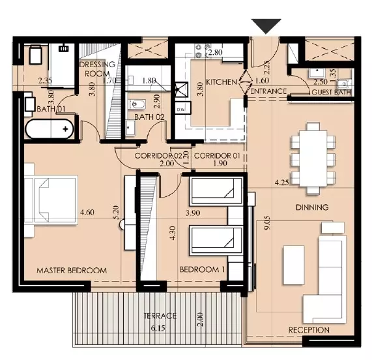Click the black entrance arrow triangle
[x=266, y=25]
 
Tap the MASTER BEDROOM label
[x=72, y=271]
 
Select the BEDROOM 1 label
[x=202, y=269]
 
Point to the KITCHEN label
[x=222, y=82]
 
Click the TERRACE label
[x=160, y=316]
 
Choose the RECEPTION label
[x=309, y=330]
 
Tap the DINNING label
[x=312, y=207]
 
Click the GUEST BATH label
[x=331, y=92]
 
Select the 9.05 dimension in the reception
[x=267, y=222]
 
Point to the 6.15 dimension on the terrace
[x=158, y=328]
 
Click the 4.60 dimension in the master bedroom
[x=87, y=212]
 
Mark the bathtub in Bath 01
[x=50, y=129]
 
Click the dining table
[x=313, y=158]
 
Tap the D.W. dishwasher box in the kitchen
[x=183, y=108]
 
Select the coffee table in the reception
[x=294, y=265]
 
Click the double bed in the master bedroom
[x=51, y=200]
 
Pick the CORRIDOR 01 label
[x=217, y=156]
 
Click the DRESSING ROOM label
[x=97, y=69]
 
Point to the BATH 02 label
[x=149, y=117]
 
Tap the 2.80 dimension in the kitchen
[x=215, y=52]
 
